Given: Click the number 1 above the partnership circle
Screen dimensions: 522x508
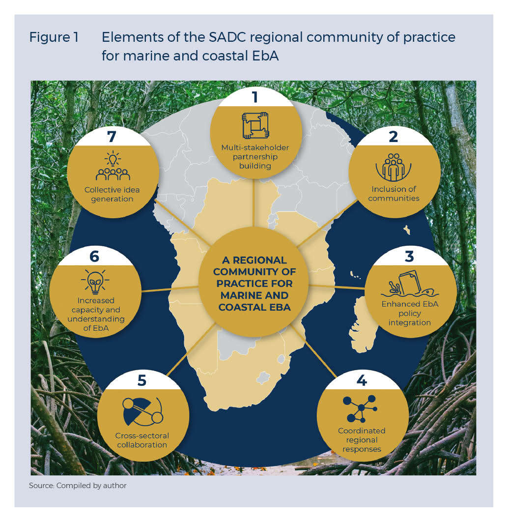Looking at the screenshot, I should coord(254,97).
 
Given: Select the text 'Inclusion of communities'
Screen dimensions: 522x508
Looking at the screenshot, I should coord(394,194).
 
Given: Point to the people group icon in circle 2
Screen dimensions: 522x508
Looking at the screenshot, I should coord(393,167).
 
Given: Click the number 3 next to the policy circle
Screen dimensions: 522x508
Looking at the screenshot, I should coord(409,256).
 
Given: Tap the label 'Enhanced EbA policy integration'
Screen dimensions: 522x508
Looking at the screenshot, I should coord(409,313).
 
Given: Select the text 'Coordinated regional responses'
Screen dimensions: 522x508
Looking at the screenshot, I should coord(362,439).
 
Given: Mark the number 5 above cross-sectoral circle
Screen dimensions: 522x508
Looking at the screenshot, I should coord(142,380).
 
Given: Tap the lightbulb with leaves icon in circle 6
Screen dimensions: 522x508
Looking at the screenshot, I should coord(95,281).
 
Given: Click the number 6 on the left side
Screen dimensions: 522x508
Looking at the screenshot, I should coord(94,256).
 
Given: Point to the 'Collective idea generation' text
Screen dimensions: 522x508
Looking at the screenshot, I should coord(109,194).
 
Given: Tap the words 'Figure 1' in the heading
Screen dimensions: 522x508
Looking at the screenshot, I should coord(54,37).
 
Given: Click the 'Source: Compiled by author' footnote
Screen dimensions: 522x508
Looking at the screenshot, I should coord(77,486).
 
